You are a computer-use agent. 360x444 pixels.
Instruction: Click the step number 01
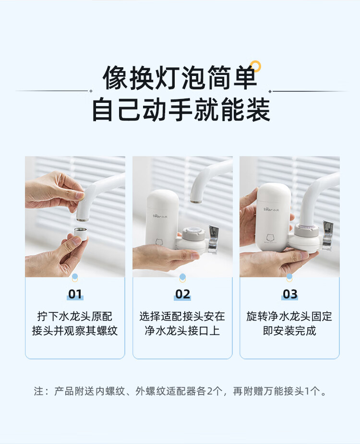(x=75, y=294)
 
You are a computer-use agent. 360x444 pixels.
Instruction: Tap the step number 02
(x=182, y=294)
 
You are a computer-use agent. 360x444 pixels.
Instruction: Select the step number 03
(x=290, y=294)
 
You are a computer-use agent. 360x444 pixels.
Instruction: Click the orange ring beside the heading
(x=256, y=66)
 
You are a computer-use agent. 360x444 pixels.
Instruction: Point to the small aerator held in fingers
(x=80, y=234)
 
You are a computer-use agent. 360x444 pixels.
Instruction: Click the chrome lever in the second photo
(x=213, y=239)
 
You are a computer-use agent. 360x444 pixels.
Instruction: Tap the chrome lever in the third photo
(x=327, y=235)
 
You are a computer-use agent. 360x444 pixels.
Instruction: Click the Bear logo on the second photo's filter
(x=160, y=216)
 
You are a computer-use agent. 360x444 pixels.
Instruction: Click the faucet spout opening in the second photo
(x=196, y=202)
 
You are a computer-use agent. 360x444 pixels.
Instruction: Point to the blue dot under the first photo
(x=75, y=276)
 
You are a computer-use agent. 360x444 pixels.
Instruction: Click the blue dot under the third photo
(x=289, y=276)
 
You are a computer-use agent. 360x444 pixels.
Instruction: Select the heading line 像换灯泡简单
(x=180, y=78)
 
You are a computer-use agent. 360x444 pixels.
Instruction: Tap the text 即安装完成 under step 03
(x=289, y=331)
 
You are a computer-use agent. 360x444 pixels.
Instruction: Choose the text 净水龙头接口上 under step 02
(x=182, y=331)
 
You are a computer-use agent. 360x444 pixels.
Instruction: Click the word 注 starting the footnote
(x=38, y=391)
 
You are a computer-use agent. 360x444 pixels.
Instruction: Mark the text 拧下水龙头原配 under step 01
(x=75, y=316)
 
